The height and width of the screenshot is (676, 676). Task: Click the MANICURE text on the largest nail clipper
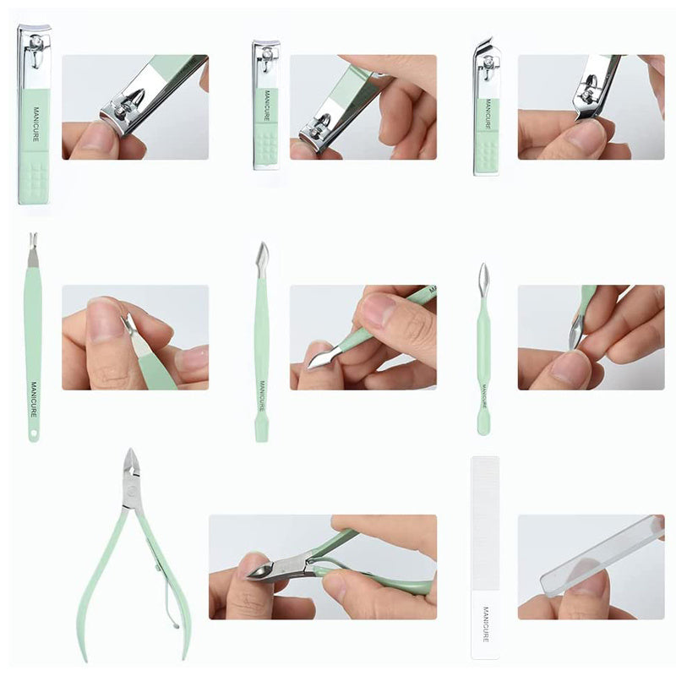(35, 124)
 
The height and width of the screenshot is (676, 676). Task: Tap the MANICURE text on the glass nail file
(486, 624)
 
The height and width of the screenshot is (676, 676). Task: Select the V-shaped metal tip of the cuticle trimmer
(32, 249)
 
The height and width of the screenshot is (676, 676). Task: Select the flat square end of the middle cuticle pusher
(261, 431)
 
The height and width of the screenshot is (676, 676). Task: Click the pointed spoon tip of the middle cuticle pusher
(262, 255)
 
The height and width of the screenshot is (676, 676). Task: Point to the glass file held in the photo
(602, 557)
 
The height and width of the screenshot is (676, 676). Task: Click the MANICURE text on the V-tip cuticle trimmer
(34, 399)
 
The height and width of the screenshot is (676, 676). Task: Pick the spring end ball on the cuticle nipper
(176, 625)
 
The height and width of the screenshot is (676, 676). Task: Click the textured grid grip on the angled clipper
(487, 152)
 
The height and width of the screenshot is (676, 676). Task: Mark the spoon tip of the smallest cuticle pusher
(483, 277)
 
